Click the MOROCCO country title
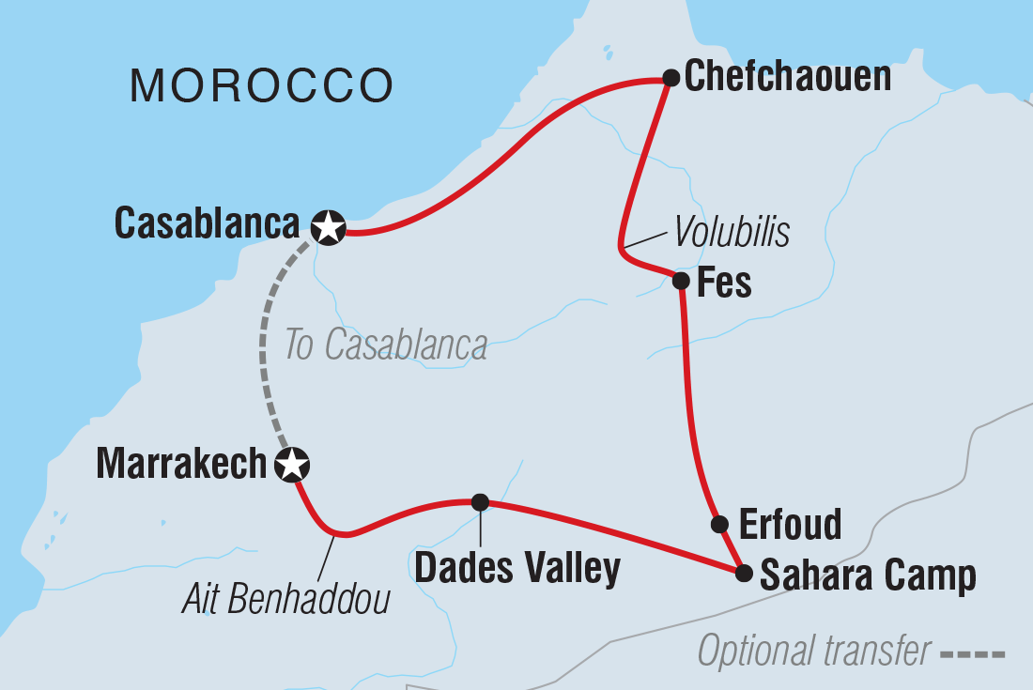(x=261, y=86)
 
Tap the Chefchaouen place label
(x=788, y=77)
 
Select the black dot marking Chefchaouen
(x=671, y=78)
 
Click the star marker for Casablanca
(x=328, y=227)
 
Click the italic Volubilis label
(x=730, y=232)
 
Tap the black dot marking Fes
(x=682, y=280)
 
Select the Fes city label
(x=725, y=282)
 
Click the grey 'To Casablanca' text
(x=386, y=345)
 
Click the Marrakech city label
(x=182, y=464)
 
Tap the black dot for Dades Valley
(x=480, y=502)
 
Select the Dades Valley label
(x=517, y=568)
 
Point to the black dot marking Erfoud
(x=718, y=524)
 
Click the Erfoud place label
(x=790, y=525)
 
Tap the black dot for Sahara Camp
(x=743, y=573)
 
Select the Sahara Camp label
(x=868, y=575)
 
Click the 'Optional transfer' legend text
(x=814, y=650)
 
